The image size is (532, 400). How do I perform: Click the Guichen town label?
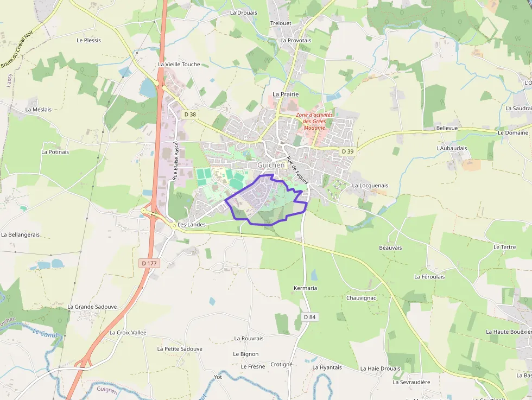271,165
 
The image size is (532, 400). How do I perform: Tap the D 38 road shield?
189,115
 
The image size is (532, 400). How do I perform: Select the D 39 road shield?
347,150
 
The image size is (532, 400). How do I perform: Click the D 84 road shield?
309,317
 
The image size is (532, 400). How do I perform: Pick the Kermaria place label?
305,288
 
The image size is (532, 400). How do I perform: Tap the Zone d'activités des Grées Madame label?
314,121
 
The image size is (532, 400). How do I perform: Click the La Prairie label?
286,94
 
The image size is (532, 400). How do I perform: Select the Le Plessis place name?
88,40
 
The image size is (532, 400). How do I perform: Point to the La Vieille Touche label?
179,64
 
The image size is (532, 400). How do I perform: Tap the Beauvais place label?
390,247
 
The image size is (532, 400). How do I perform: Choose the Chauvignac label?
361,298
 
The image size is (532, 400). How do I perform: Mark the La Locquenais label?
370,186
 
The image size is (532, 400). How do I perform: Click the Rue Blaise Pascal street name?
175,161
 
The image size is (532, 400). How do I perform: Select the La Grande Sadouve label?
92,307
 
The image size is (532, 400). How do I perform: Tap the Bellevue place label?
447,128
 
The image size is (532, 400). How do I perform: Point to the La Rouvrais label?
249,338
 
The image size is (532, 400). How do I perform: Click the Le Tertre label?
504,247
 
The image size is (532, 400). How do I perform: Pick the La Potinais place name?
55,152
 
